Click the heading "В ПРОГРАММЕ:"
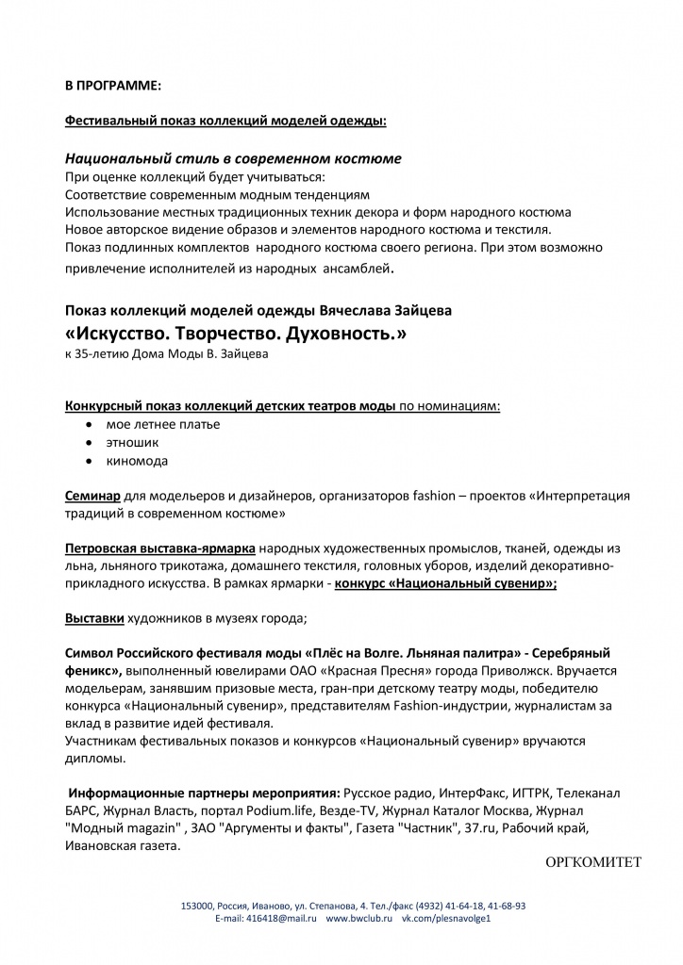pyautogui.click(x=112, y=86)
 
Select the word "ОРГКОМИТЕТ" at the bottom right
pyautogui.click(x=593, y=862)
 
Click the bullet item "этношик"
pyautogui.click(x=133, y=441)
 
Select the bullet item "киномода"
pyautogui.click(x=138, y=461)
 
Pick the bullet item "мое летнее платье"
pyautogui.click(x=163, y=424)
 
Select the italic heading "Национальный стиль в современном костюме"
pyautogui.click(x=233, y=158)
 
